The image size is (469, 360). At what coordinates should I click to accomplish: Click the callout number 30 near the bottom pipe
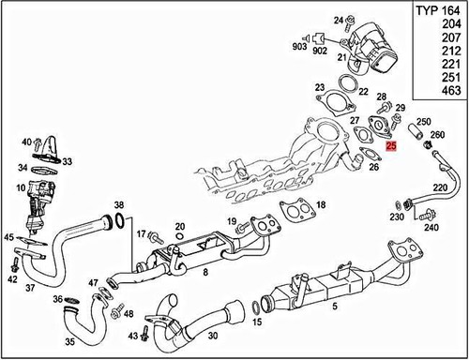pyautogui.click(x=213, y=336)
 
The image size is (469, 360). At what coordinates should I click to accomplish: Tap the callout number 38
pyautogui.click(x=118, y=204)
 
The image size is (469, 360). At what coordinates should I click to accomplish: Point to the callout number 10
pyautogui.click(x=19, y=188)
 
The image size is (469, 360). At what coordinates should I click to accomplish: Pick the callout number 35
pyautogui.click(x=69, y=343)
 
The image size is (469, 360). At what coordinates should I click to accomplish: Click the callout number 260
pyautogui.click(x=437, y=135)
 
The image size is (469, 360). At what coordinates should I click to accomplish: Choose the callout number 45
pyautogui.click(x=8, y=238)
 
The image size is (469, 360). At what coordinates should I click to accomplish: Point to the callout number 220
pyautogui.click(x=438, y=188)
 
